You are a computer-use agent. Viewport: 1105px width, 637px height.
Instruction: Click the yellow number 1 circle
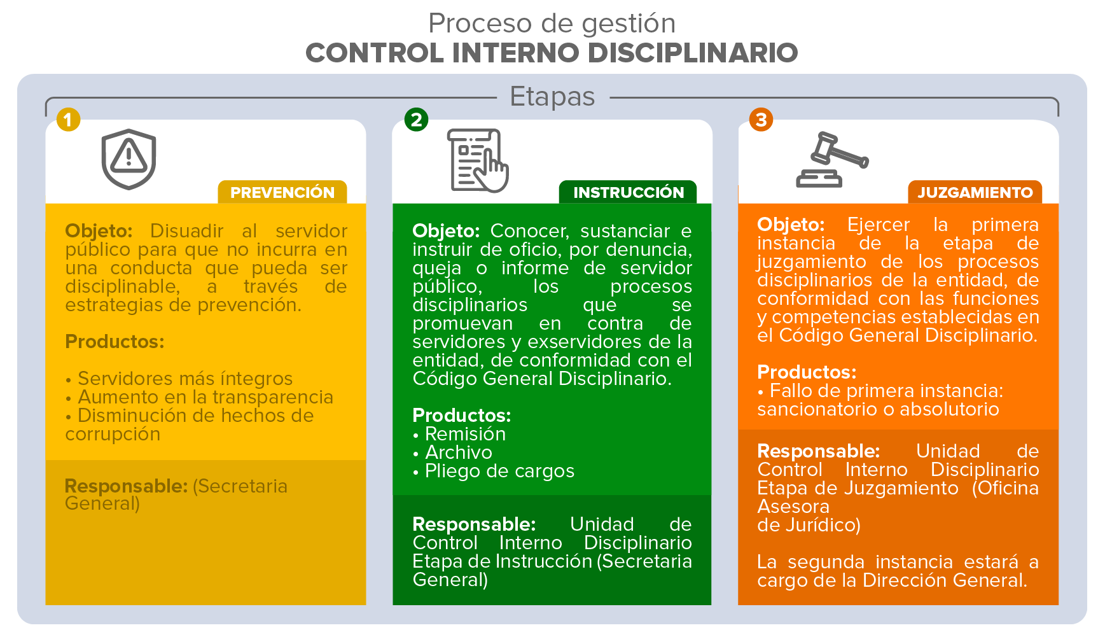[x=68, y=120]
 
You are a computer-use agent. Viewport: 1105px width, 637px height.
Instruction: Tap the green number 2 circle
[x=416, y=120]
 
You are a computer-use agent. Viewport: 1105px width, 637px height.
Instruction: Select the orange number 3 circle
[x=761, y=120]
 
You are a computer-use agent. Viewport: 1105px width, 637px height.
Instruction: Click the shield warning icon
[x=129, y=159]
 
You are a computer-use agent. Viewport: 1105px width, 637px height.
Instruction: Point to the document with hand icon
[x=478, y=160]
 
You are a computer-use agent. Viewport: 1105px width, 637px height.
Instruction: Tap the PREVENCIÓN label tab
[x=282, y=192]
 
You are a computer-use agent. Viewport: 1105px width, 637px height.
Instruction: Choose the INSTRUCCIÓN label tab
[x=629, y=192]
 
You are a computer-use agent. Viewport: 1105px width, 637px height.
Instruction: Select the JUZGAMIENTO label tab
[x=975, y=192]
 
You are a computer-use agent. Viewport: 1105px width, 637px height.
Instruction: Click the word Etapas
[x=552, y=97]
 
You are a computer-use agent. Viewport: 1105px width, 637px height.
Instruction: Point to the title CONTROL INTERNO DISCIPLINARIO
[x=552, y=53]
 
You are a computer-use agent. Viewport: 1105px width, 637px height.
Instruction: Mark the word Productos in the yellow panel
[x=115, y=342]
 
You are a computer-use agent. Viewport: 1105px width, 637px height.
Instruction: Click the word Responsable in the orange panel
[x=818, y=451]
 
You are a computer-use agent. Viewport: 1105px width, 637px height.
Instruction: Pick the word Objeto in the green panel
[x=446, y=231]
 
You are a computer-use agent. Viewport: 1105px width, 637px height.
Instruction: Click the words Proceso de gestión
[x=552, y=24]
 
